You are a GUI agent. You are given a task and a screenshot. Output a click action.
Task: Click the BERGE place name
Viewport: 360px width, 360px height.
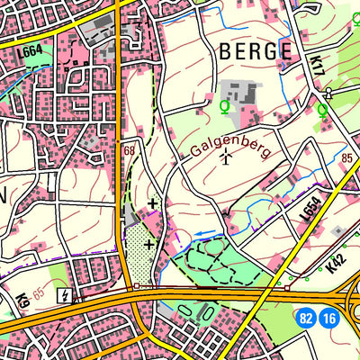tap(256, 50)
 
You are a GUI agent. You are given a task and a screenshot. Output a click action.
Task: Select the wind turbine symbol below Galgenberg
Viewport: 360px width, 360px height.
tap(225, 159)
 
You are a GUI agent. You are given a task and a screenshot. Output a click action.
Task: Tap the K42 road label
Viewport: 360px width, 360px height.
tap(336, 261)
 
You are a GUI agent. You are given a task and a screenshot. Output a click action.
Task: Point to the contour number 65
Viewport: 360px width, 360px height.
tap(38, 293)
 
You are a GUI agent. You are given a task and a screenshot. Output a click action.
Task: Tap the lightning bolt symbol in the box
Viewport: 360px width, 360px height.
tap(64, 293)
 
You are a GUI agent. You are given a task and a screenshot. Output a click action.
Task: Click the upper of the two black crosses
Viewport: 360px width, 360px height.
tap(153, 203)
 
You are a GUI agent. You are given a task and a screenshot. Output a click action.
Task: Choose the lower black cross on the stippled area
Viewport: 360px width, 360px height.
tap(148, 242)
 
